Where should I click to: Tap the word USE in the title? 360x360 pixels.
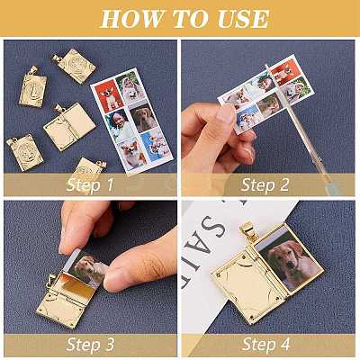click(x=243, y=19)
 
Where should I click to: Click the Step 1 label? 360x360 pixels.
click(x=90, y=184)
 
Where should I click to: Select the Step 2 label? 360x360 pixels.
click(x=265, y=184)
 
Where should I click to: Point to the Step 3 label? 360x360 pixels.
click(x=90, y=344)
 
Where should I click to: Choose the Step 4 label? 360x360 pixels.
click(x=265, y=344)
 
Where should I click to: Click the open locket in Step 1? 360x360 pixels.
click(x=69, y=126)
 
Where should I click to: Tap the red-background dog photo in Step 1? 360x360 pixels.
click(x=109, y=96)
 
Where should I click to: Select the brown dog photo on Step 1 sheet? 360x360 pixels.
click(x=144, y=117)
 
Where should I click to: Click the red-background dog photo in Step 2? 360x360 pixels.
click(x=284, y=71)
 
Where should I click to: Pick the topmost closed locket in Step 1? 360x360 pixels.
click(x=74, y=66)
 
